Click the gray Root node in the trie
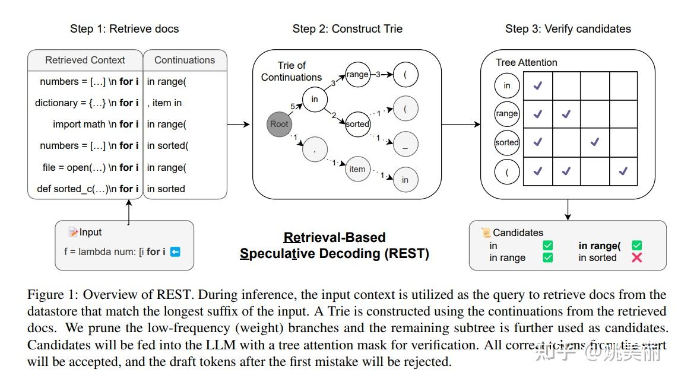click(x=279, y=124)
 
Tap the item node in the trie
click(x=357, y=169)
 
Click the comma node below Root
click(x=315, y=149)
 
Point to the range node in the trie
click(x=357, y=75)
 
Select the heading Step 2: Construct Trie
click(x=347, y=28)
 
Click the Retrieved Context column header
click(x=85, y=60)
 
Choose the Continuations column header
click(x=185, y=60)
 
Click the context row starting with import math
click(x=95, y=124)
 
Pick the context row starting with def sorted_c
click(x=87, y=189)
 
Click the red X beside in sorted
click(x=636, y=257)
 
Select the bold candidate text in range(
click(x=599, y=246)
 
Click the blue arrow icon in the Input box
click(x=175, y=251)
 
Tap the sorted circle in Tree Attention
click(x=507, y=142)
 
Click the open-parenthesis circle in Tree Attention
click(x=507, y=172)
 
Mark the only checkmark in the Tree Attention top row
click(x=537, y=86)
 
